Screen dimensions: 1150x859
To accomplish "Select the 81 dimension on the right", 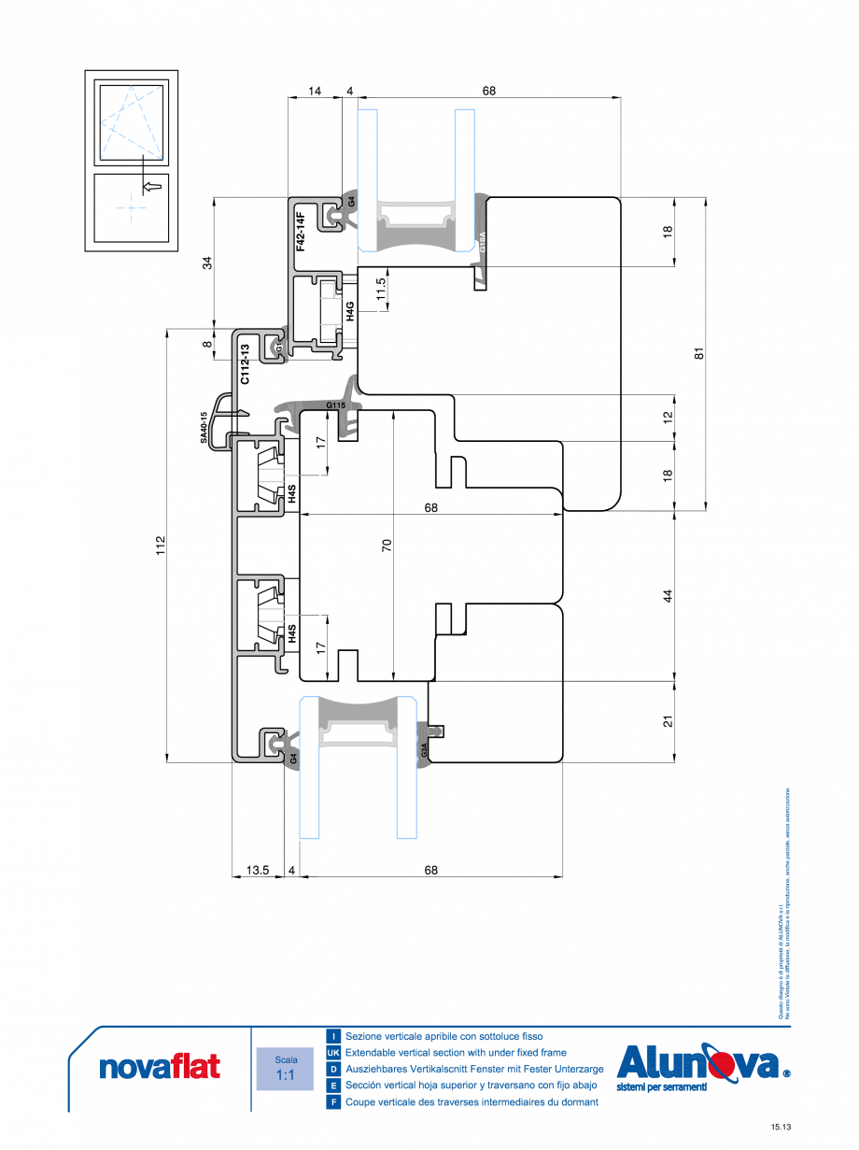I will [697, 353].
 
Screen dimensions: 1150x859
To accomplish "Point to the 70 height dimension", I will [386, 544].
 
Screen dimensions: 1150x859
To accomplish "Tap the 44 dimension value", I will [668, 595].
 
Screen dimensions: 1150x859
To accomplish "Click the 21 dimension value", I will [668, 721].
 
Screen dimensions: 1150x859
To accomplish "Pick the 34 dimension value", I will [208, 263].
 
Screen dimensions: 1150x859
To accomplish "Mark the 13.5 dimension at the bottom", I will [258, 870].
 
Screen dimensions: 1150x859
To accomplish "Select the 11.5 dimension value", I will [381, 288].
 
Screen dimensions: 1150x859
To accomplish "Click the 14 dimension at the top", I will [314, 91].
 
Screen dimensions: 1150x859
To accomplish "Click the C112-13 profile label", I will [245, 364].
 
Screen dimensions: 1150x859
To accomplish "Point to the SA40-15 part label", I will [203, 426].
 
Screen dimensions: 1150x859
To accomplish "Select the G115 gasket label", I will [336, 405].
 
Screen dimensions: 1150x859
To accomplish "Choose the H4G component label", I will [350, 311].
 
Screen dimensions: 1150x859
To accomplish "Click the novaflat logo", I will [160, 1066].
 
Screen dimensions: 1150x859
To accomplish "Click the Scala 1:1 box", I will [286, 1068].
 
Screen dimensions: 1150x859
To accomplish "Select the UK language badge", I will [333, 1052].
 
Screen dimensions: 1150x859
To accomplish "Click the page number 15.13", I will [782, 1128].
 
